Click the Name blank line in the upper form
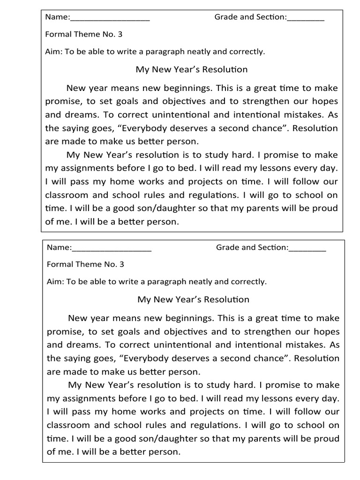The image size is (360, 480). pyautogui.click(x=110, y=18)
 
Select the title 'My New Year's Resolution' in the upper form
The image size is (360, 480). pyautogui.click(x=191, y=70)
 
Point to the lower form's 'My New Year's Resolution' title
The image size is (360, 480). pyautogui.click(x=193, y=300)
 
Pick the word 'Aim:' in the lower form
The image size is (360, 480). pyautogui.click(x=55, y=282)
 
